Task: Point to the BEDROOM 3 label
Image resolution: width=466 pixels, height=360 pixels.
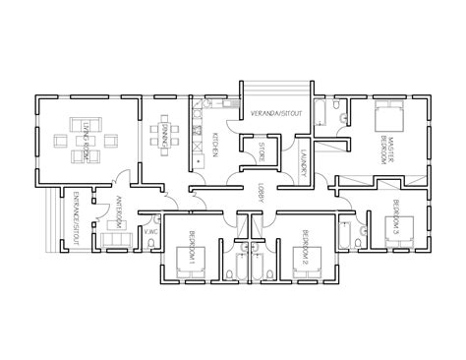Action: (x=395, y=212)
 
